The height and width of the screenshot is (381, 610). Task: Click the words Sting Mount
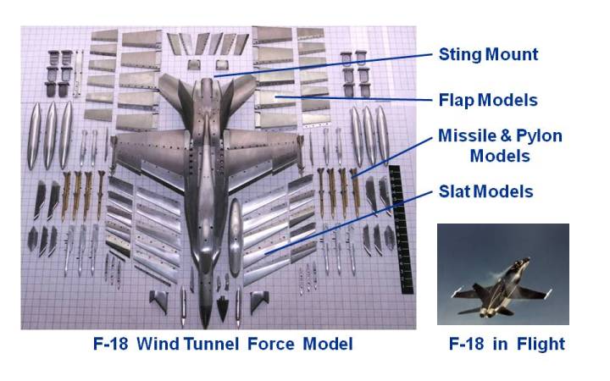coord(488,55)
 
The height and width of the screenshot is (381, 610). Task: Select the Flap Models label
coord(488,100)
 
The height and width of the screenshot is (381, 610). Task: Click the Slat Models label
coord(485,192)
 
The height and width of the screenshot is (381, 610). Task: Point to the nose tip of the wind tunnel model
coord(206,325)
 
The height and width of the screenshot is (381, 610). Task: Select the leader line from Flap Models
coord(356,97)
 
